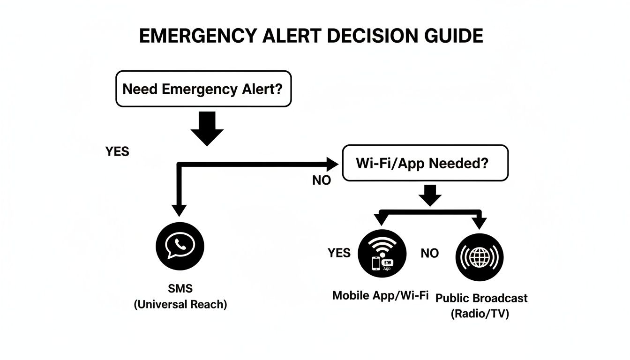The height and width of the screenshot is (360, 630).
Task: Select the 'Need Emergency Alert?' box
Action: pos(203,89)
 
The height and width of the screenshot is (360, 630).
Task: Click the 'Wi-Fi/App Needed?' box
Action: pos(425,163)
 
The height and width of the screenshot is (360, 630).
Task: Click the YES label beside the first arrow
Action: pos(117,152)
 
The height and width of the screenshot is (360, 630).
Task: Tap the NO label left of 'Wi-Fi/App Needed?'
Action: pos(322,180)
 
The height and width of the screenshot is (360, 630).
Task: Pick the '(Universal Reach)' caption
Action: pos(180,305)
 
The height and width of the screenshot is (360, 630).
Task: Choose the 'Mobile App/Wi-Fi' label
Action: pos(380,296)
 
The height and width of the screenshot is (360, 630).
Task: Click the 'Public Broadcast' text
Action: pos(481,298)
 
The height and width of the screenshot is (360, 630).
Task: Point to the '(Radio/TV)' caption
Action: pos(480,314)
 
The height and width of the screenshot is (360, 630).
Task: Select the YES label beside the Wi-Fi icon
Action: pos(339,253)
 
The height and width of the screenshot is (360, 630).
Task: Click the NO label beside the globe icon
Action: pos(429,254)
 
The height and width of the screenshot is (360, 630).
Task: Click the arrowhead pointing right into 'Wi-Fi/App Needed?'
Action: pos(332,164)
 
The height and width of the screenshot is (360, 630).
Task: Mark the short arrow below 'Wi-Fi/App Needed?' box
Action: pos(431,195)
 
